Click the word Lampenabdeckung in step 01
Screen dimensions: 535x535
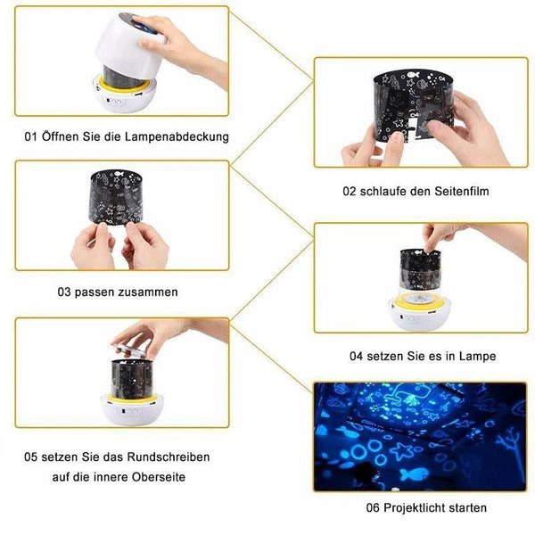[x=177, y=136]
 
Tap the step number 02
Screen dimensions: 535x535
[x=349, y=191]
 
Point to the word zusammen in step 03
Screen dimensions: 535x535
[x=148, y=292]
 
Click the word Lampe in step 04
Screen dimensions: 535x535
[x=477, y=356]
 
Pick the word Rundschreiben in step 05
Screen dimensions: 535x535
[x=169, y=457]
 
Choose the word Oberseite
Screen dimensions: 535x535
[x=159, y=477]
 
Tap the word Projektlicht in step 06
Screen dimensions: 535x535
[x=415, y=507]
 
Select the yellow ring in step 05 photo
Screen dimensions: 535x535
[x=132, y=398]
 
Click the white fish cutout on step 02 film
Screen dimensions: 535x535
[x=413, y=74]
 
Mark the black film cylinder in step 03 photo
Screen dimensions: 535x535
[x=115, y=197]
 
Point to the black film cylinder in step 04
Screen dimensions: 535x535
[x=420, y=270]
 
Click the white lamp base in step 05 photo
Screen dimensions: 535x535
[x=132, y=411]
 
